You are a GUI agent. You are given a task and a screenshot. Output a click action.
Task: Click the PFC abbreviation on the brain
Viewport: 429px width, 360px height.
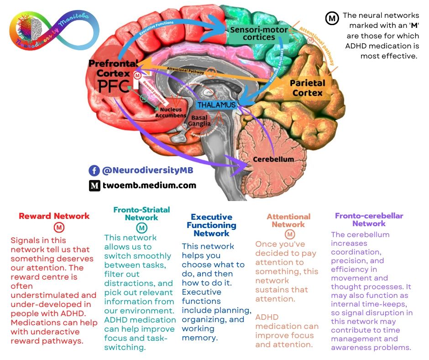pos(114,85)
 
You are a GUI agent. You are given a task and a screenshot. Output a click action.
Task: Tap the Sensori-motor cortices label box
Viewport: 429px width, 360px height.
pos(252,33)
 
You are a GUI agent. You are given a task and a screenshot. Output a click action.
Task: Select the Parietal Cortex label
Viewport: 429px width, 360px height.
pos(307,88)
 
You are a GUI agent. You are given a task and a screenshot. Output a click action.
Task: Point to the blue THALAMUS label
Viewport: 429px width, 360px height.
pos(216,105)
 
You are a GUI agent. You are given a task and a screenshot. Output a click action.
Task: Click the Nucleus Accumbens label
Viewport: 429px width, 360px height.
pos(170,113)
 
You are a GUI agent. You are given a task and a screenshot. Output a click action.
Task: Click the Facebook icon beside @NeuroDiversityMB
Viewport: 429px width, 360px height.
pos(94,170)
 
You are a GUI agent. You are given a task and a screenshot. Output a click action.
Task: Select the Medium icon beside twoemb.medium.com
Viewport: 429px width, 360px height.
pos(94,185)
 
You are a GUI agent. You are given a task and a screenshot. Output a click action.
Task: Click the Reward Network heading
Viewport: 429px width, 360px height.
pos(54,216)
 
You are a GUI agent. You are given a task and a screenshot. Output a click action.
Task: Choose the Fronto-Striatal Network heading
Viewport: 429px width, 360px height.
pos(141,213)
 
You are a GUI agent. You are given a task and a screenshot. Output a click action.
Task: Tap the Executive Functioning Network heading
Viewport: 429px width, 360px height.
pos(211,225)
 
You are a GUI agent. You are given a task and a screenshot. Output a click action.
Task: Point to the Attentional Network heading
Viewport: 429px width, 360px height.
pos(288,221)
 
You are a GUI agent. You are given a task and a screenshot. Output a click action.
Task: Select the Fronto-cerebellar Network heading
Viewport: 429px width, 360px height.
pos(369,220)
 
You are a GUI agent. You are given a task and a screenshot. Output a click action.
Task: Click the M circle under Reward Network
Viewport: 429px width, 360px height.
pos(59,228)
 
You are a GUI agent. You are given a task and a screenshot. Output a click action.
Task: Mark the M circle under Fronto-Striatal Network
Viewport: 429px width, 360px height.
pos(142,228)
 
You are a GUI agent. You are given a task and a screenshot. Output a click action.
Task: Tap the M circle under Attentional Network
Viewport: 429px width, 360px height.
pos(289,234)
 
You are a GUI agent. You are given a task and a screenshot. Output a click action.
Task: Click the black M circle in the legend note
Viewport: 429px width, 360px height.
pos(331,18)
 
